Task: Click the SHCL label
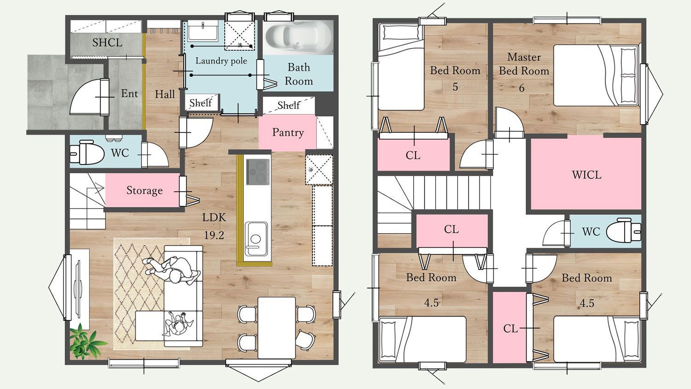(107, 42)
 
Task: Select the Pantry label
(288, 132)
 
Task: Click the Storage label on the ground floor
(144, 190)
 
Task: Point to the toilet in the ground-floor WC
(87, 153)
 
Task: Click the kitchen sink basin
(256, 239)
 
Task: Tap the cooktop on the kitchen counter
(258, 172)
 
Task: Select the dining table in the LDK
(276, 328)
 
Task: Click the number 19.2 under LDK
(214, 235)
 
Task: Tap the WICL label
(586, 175)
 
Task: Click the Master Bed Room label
(524, 64)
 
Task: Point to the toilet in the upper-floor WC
(623, 231)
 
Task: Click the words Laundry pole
(221, 60)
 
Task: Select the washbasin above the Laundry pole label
(203, 30)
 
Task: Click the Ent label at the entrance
(129, 93)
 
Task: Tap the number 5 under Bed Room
(455, 87)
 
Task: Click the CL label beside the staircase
(451, 229)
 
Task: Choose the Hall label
(165, 94)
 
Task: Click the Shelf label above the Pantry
(288, 105)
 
